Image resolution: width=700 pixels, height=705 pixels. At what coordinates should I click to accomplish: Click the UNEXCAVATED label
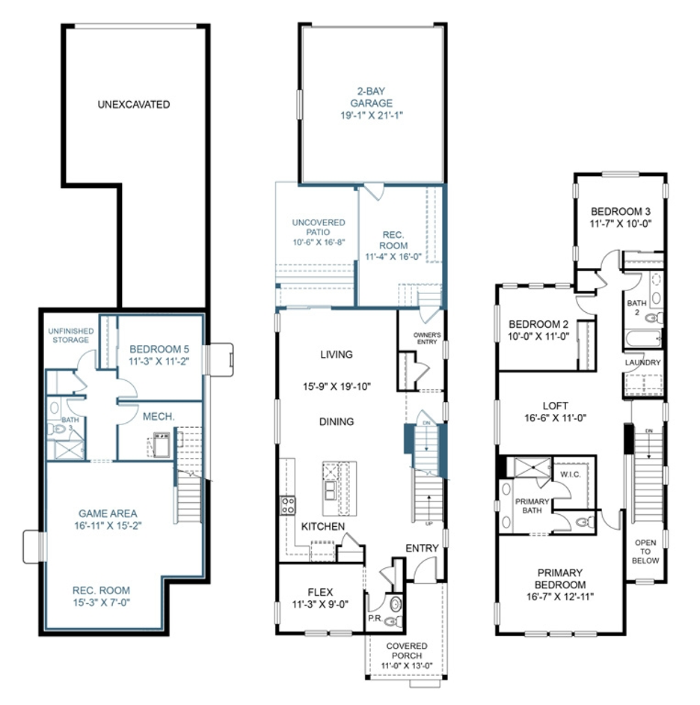pyautogui.click(x=133, y=105)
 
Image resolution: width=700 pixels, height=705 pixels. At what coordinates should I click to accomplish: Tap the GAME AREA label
pyautogui.click(x=108, y=513)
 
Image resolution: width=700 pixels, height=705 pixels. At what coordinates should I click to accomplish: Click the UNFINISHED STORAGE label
pyautogui.click(x=69, y=335)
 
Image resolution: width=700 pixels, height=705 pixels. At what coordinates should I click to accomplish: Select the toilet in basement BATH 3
pyautogui.click(x=56, y=429)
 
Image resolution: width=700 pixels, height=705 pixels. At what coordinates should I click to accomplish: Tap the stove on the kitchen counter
pyautogui.click(x=287, y=505)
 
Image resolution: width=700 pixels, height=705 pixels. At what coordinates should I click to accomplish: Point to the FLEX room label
pyautogui.click(x=319, y=591)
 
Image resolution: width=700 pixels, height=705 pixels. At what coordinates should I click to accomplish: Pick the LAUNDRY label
pyautogui.click(x=643, y=363)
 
